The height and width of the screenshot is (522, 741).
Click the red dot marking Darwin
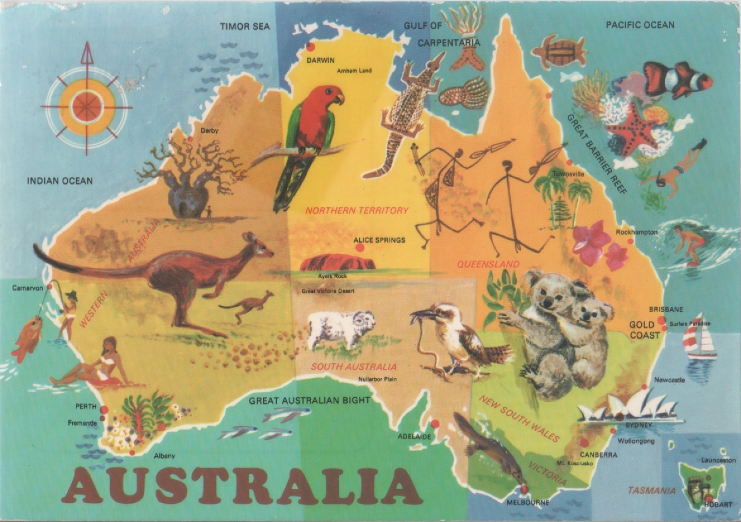pyautogui.click(x=310, y=47)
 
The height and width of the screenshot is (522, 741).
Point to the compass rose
pyautogui.click(x=87, y=100)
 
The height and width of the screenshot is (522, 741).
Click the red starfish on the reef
pyautogui.click(x=632, y=129)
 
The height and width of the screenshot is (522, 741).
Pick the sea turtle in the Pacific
pyautogui.click(x=559, y=51)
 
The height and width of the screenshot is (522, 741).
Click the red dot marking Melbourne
pyautogui.click(x=524, y=490)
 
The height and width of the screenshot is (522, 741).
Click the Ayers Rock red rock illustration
pyautogui.click(x=337, y=262)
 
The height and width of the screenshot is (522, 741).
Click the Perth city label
pyautogui.click(x=85, y=406)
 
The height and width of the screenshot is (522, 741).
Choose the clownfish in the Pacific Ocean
pyautogui.click(x=677, y=78)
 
